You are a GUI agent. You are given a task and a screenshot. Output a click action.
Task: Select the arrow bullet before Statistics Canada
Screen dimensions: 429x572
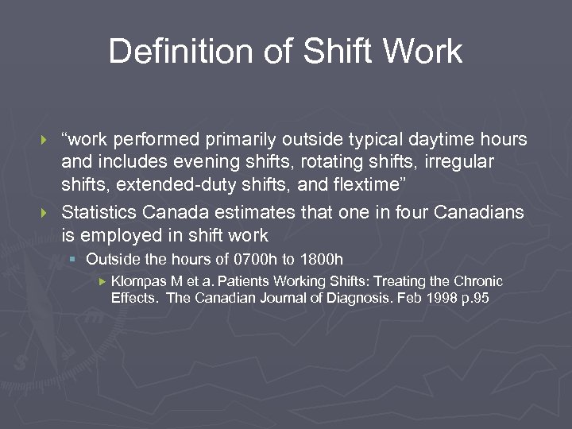(44, 213)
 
